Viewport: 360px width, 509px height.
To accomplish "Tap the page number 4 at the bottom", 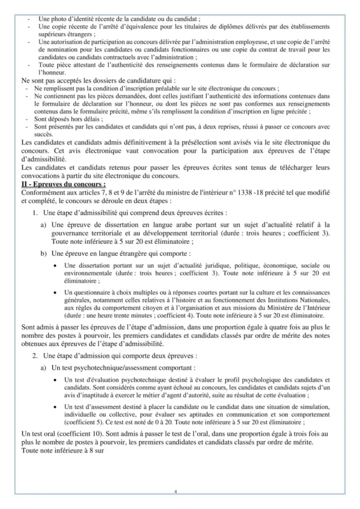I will coord(180,491).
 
